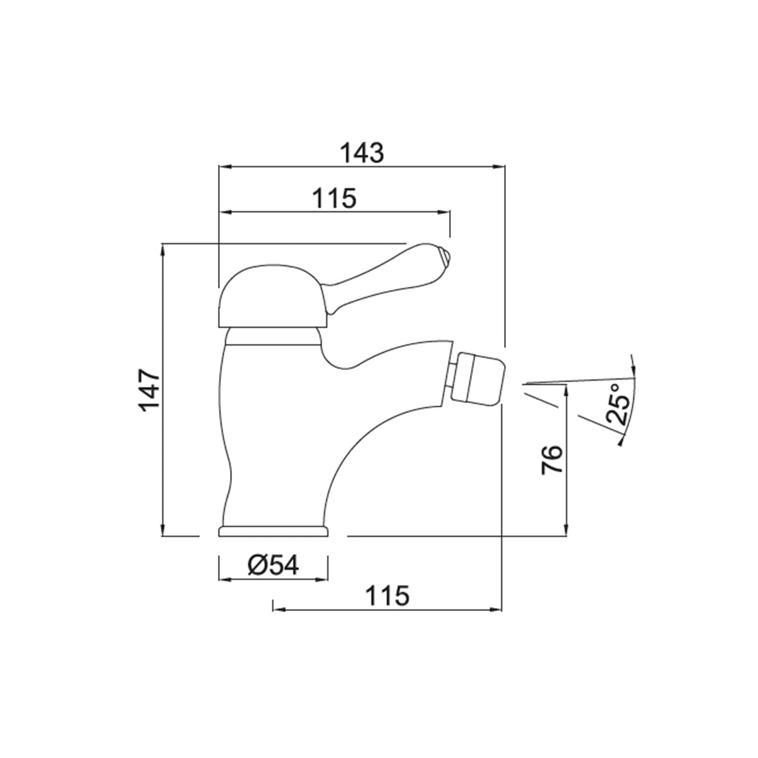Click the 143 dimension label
point(361,153)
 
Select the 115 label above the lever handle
point(334,198)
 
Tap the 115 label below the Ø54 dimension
point(387,596)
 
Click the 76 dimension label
point(552,459)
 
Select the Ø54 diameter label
point(274,565)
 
